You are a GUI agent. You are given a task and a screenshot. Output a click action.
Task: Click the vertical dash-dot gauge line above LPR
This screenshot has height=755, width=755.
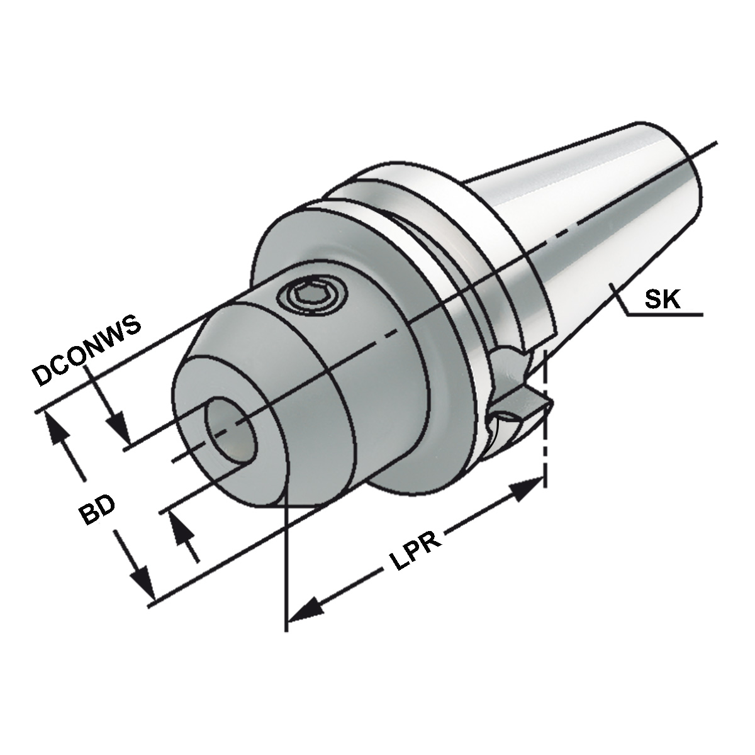click(x=545, y=409)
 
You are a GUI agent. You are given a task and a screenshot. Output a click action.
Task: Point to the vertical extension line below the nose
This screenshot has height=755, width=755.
click(x=287, y=566)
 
